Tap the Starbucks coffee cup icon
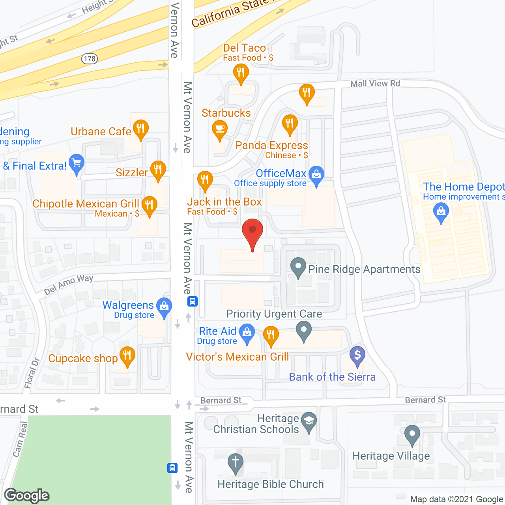(x=220, y=129)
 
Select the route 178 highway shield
(x=90, y=59)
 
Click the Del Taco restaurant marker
(x=241, y=73)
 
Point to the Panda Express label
(x=271, y=146)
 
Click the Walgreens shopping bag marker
(x=164, y=306)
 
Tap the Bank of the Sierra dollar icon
(x=357, y=355)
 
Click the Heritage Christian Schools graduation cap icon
(x=309, y=421)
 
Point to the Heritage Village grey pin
(x=412, y=434)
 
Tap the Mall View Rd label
(x=375, y=83)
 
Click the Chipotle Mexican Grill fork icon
(x=149, y=205)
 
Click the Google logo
(x=27, y=496)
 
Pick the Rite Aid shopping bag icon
(x=247, y=332)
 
